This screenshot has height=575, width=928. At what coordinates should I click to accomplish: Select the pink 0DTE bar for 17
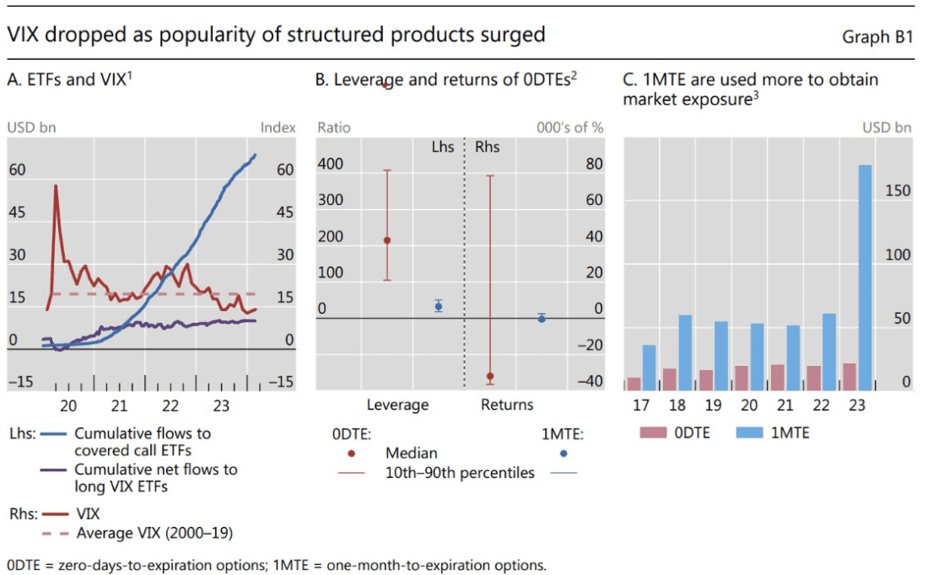(634, 384)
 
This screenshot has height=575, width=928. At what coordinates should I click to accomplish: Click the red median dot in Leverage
(387, 240)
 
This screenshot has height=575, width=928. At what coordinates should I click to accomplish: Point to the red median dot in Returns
(490, 376)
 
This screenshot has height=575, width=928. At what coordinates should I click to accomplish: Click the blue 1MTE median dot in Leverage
(439, 306)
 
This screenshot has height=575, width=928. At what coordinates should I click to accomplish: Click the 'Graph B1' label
(877, 37)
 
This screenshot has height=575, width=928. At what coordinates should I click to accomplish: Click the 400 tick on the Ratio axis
(331, 164)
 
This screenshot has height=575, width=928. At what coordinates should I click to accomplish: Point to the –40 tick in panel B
(590, 381)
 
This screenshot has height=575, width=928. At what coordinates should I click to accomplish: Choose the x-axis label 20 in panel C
(749, 405)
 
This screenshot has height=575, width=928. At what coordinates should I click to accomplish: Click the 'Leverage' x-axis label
(397, 405)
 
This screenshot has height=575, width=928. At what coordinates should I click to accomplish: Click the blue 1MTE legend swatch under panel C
(750, 433)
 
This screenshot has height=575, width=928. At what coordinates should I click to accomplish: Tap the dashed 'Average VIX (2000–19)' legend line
(56, 533)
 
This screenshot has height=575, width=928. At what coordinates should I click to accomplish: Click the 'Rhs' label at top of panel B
(488, 147)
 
